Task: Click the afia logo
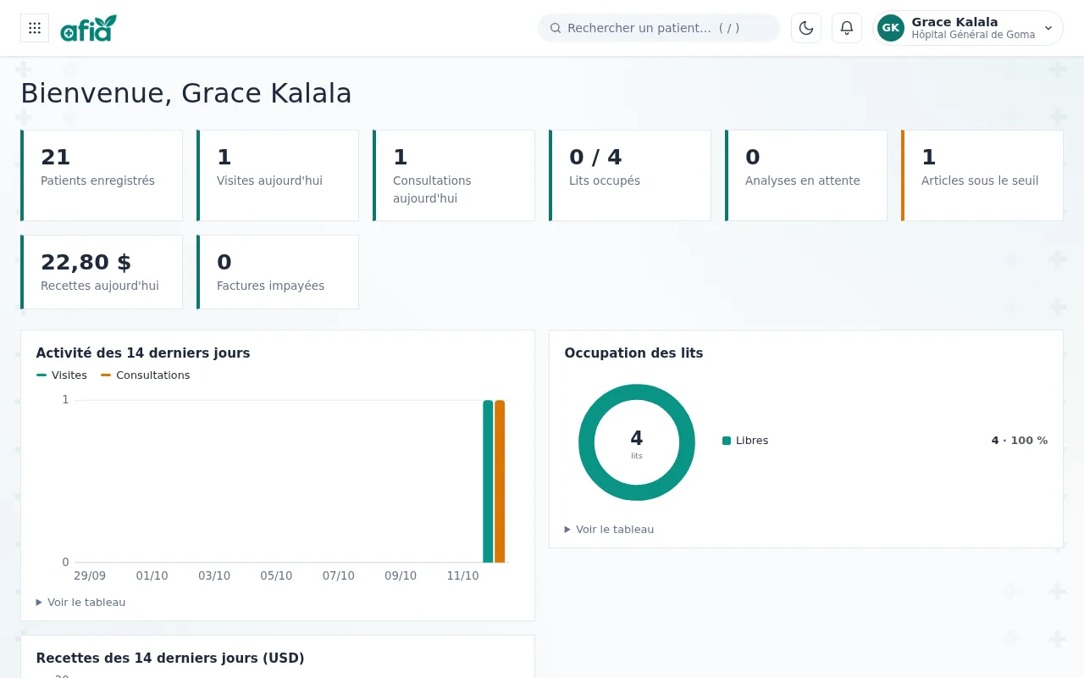click(x=88, y=28)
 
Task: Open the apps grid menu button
click(x=35, y=28)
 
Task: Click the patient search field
click(x=658, y=28)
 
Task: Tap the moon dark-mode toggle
click(x=806, y=28)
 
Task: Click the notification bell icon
click(x=847, y=28)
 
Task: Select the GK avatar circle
click(x=891, y=28)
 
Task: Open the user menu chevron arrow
click(x=1048, y=28)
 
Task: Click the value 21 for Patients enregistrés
click(x=56, y=157)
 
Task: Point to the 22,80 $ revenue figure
click(x=86, y=262)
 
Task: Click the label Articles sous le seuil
click(x=980, y=181)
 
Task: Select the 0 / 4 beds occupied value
click(x=595, y=157)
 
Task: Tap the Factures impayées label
click(x=270, y=286)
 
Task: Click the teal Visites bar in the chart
click(x=488, y=481)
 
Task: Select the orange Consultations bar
click(x=500, y=481)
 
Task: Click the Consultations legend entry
click(x=145, y=375)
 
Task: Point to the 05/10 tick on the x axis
click(x=276, y=575)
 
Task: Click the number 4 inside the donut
click(x=636, y=438)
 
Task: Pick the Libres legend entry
click(x=745, y=441)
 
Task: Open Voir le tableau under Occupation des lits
click(x=609, y=530)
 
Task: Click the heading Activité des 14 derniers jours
click(x=143, y=353)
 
